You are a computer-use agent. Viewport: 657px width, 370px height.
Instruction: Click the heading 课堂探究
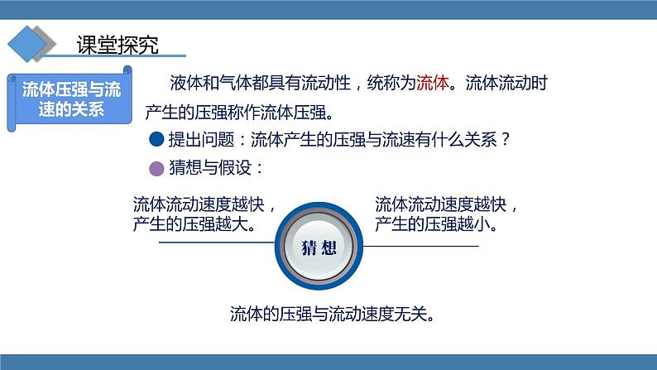pos(117,45)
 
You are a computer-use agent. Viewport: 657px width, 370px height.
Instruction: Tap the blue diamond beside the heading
pos(27,44)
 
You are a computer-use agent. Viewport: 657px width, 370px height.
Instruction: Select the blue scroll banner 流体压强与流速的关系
pos(70,99)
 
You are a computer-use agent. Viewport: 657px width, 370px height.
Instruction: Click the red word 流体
pos(433,83)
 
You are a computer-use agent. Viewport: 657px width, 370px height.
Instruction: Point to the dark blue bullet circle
pos(156,139)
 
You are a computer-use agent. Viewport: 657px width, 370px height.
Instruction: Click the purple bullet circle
pos(156,169)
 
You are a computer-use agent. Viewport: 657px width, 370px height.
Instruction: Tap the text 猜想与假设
pos(210,168)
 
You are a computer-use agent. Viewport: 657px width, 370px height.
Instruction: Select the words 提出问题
pos(202,139)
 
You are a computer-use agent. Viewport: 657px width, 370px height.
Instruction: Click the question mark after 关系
pos(506,139)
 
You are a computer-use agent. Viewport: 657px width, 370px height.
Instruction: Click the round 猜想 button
pos(319,246)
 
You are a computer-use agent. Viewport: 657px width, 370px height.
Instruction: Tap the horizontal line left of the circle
pos(217,243)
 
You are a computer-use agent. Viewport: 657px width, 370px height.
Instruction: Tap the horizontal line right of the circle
pos(420,246)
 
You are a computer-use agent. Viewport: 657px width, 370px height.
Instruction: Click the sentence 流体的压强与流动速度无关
pos(333,314)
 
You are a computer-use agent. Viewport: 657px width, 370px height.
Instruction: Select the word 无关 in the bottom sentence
pos(410,314)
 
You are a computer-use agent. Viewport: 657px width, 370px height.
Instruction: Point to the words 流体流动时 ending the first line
pos(506,83)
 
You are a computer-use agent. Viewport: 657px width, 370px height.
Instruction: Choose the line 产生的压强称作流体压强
pos(239,113)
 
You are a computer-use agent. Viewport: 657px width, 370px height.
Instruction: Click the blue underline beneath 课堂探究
pos(113,55)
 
